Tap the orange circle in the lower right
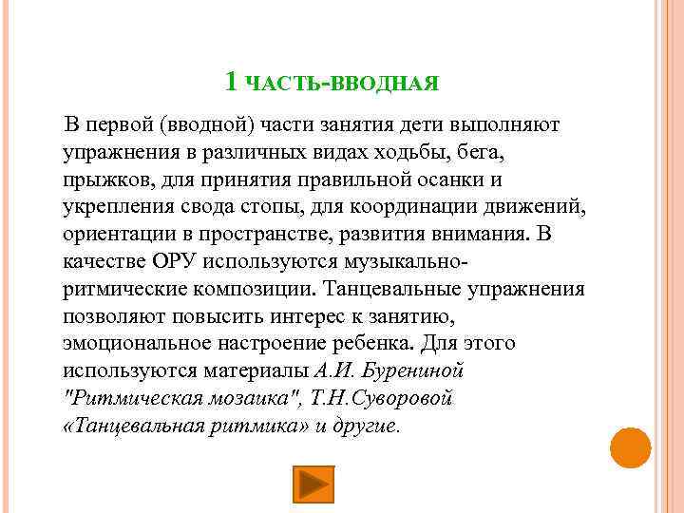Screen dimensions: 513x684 tap(630, 447)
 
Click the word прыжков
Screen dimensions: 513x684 tap(101, 180)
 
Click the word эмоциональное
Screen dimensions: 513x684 tap(135, 343)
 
